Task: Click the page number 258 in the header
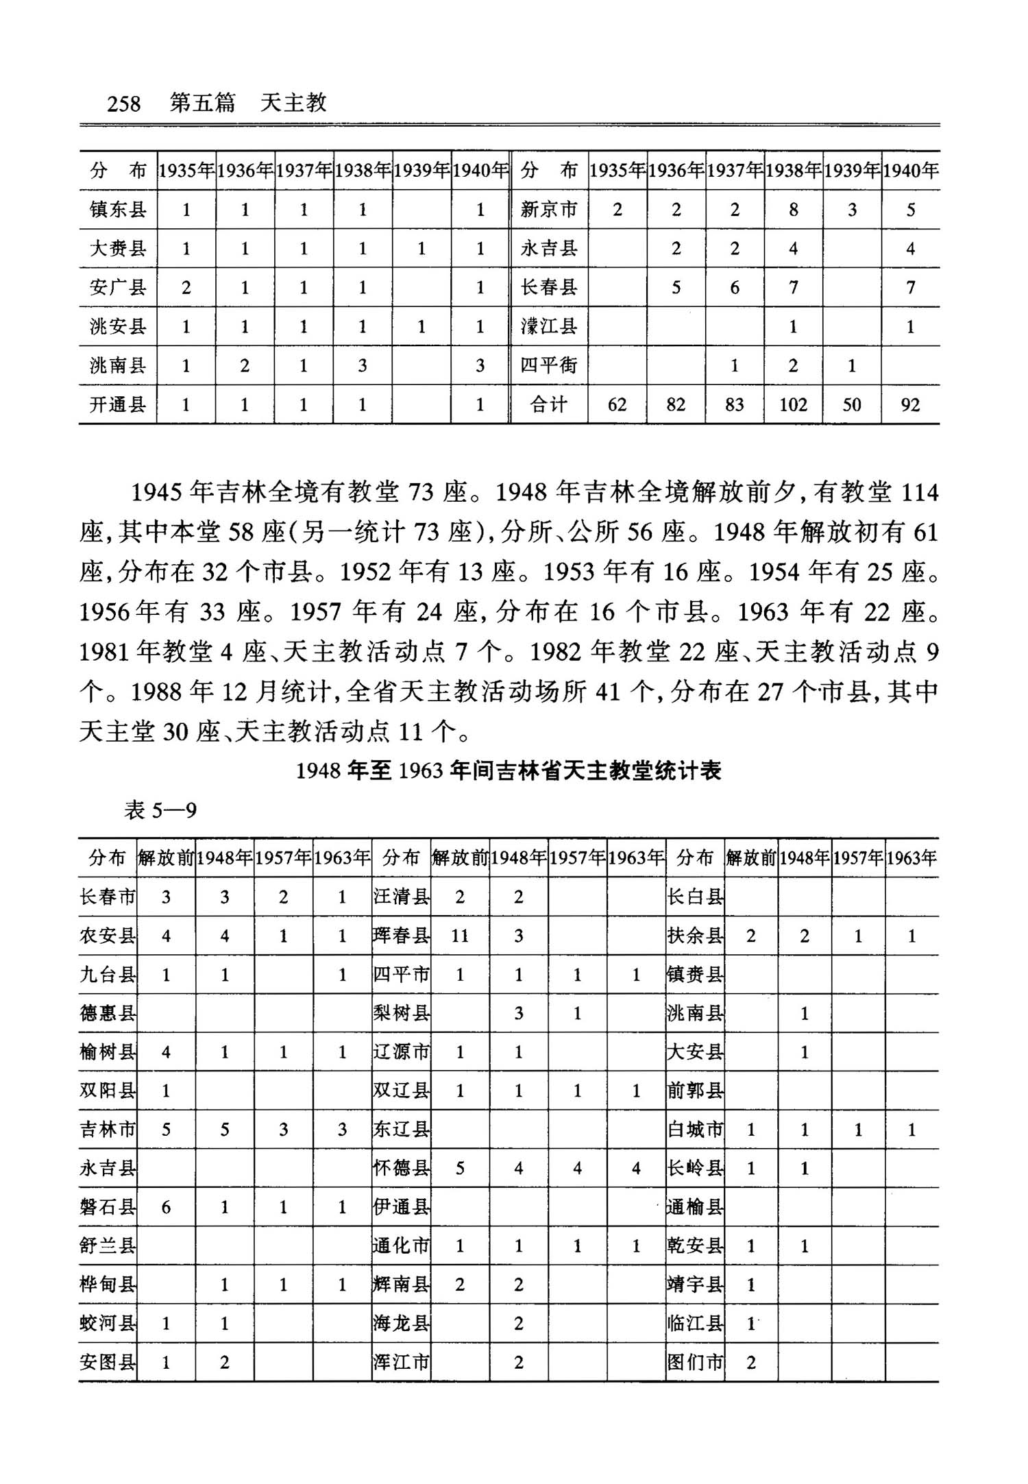pyautogui.click(x=123, y=104)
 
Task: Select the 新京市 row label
pyautogui.click(x=548, y=210)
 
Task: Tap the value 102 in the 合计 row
pyautogui.click(x=793, y=405)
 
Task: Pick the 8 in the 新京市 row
pyautogui.click(x=793, y=210)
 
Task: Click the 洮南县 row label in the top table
pyautogui.click(x=118, y=365)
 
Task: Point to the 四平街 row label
pyautogui.click(x=548, y=365)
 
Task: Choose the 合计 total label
pyautogui.click(x=548, y=405)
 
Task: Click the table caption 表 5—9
pyautogui.click(x=160, y=811)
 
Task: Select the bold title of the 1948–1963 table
pyautogui.click(x=509, y=771)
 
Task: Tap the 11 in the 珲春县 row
pyautogui.click(x=459, y=936)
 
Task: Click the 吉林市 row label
pyautogui.click(x=108, y=1130)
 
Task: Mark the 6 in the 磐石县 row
pyautogui.click(x=166, y=1208)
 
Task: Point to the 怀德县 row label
pyautogui.click(x=401, y=1169)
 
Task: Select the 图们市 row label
pyautogui.click(x=695, y=1363)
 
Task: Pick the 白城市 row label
pyautogui.click(x=695, y=1130)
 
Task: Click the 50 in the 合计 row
pyautogui.click(x=852, y=405)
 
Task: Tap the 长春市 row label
pyautogui.click(x=108, y=897)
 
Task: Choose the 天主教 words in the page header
pyautogui.click(x=293, y=104)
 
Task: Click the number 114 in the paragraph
pyautogui.click(x=919, y=493)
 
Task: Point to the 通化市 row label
pyautogui.click(x=401, y=1246)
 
